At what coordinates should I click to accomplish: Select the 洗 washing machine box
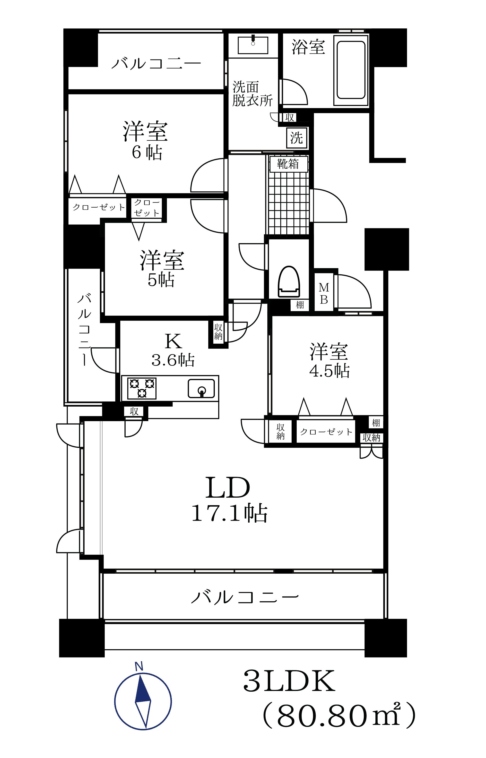(296, 137)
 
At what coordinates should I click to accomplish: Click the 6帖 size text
(147, 153)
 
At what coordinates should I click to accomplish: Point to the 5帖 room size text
(161, 280)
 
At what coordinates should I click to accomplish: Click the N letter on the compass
(139, 665)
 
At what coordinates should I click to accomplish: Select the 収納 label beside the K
(218, 332)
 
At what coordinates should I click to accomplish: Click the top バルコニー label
(156, 64)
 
